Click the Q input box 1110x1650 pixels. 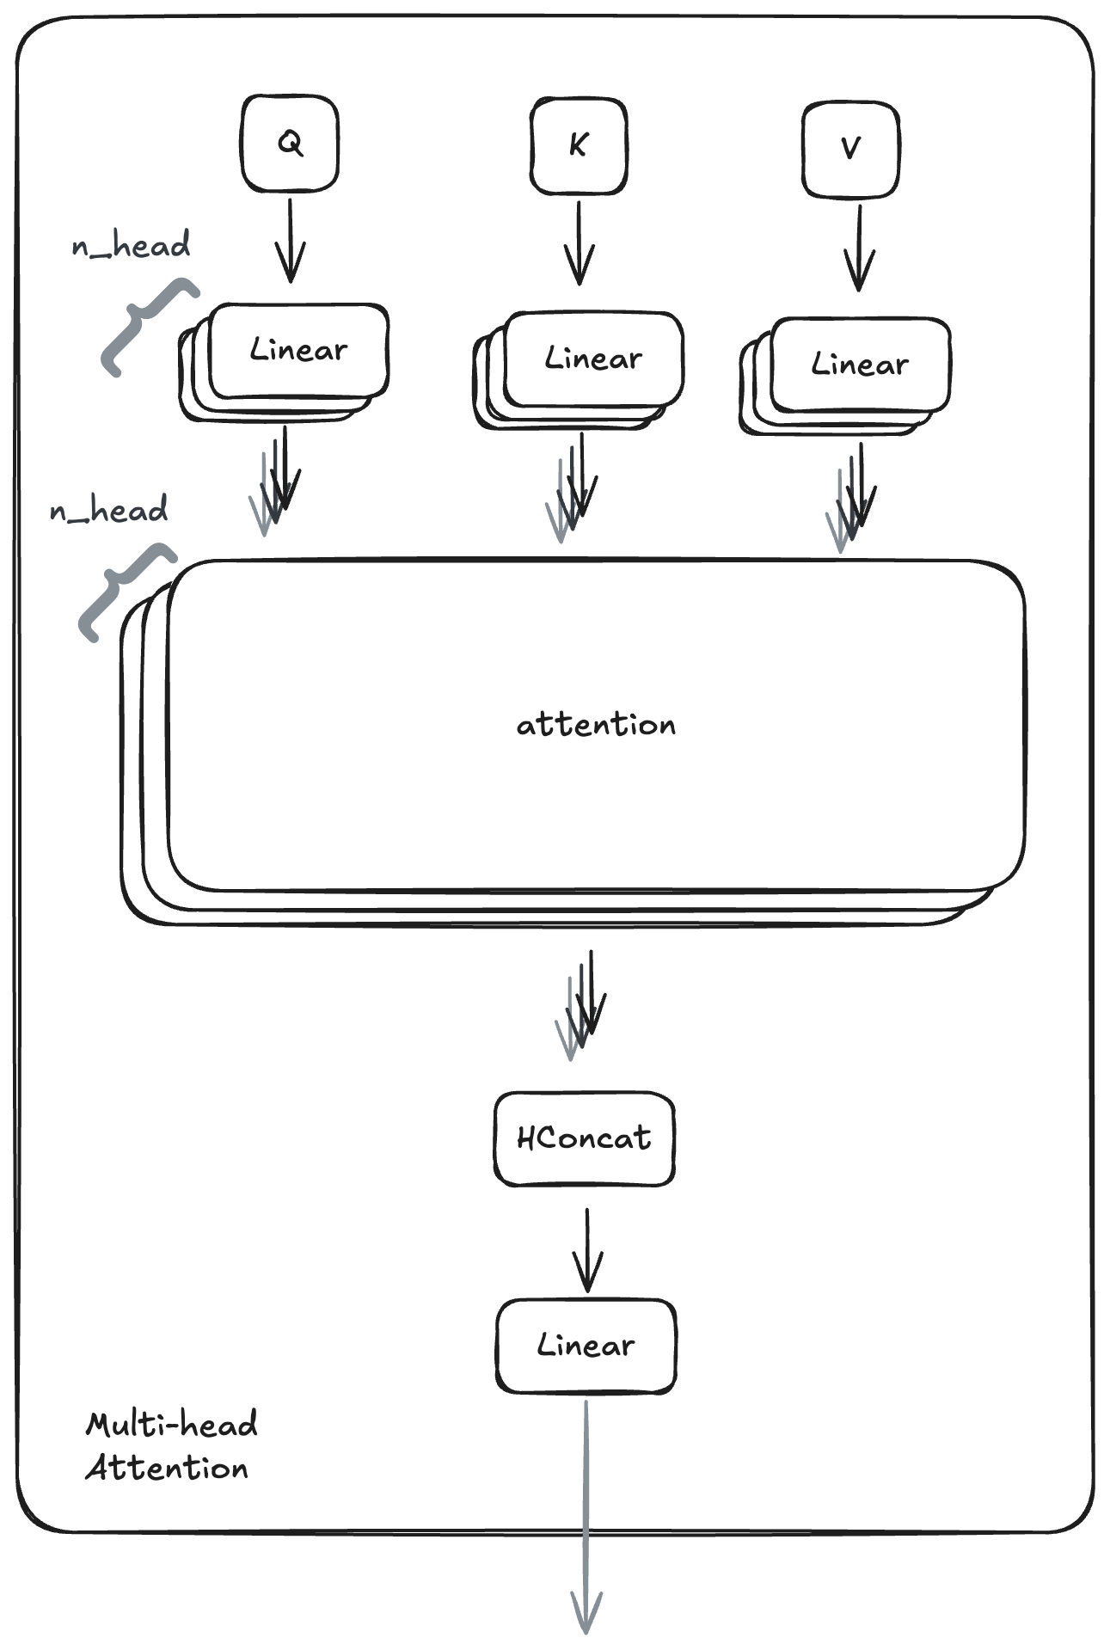pyautogui.click(x=290, y=144)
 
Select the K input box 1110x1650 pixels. pyautogui.click(x=579, y=146)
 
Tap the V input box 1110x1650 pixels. pyautogui.click(x=850, y=150)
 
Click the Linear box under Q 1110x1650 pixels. pyautogui.click(x=298, y=351)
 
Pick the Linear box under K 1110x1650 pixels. pyautogui.click(x=593, y=359)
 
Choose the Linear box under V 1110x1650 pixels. pyautogui.click(x=860, y=365)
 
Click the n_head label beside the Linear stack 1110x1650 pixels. pyautogui.click(x=131, y=246)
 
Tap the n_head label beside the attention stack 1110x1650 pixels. pyautogui.click(x=108, y=511)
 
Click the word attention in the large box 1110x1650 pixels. pyautogui.click(x=596, y=725)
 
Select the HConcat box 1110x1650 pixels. pyautogui.click(x=584, y=1138)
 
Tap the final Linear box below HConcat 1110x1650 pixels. pyautogui.click(x=586, y=1346)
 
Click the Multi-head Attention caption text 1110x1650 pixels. pyautogui.click(x=170, y=1446)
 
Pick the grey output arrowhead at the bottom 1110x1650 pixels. pyautogui.click(x=586, y=1613)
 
